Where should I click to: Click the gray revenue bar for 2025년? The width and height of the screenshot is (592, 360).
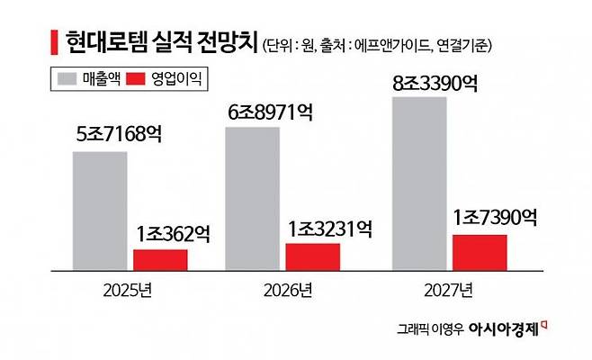coord(100,211)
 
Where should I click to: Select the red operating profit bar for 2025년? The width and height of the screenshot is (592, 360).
coord(160,259)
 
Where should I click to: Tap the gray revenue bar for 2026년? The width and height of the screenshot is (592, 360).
coord(252,198)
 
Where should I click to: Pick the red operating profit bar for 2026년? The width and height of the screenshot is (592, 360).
coord(312,256)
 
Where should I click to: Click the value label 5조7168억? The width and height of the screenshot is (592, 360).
coord(120,136)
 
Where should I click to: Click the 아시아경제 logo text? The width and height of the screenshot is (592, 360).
coord(507,329)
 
